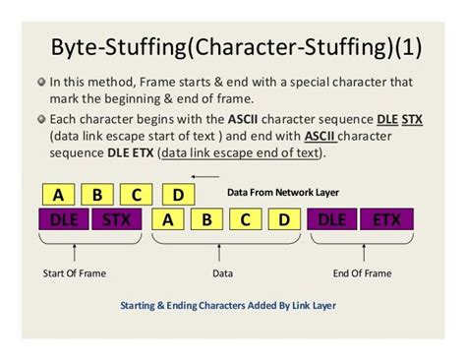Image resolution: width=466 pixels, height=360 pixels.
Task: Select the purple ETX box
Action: coord(384,219)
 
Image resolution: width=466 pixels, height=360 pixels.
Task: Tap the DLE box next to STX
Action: coord(64,219)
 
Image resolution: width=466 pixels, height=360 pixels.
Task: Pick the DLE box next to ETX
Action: coord(332,219)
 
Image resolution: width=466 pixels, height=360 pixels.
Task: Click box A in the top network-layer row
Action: coord(59,194)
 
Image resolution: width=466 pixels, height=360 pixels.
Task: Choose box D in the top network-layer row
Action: coord(177,194)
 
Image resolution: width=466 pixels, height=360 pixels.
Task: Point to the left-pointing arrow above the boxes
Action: coord(204,177)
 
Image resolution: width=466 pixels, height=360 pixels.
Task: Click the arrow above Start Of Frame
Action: coord(75,251)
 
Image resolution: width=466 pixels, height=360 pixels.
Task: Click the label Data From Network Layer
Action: coord(283,194)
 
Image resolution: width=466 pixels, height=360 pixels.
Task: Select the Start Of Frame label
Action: coord(75,272)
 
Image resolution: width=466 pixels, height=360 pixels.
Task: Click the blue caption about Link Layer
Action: coord(228,305)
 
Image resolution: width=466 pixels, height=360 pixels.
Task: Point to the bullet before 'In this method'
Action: coord(42,83)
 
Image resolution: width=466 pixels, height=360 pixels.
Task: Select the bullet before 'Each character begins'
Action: coord(42,120)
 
